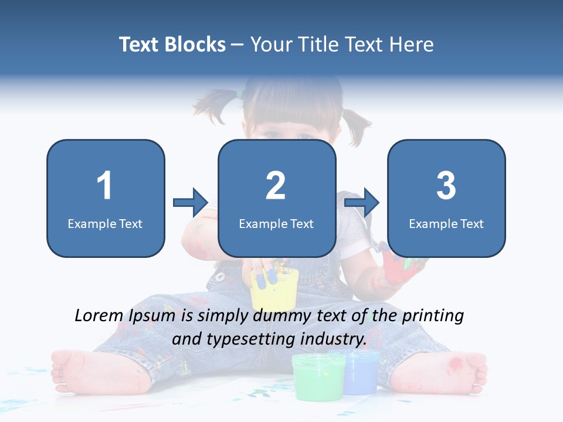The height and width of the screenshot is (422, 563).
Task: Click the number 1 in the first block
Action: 104,186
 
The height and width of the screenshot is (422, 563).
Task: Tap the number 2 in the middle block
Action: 276,186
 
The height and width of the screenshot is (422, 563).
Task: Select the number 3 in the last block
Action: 446,186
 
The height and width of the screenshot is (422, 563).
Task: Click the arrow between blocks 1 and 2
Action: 191,203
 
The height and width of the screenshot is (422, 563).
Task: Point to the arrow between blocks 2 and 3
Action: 362,203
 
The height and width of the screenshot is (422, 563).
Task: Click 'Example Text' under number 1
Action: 105,223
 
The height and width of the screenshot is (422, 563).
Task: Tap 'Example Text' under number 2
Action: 276,223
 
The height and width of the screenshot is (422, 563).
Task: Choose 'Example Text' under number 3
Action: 446,223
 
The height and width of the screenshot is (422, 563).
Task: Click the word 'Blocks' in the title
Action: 194,44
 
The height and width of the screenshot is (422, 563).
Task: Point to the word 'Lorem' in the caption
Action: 99,316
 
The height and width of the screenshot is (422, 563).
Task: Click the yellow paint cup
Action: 274,290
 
